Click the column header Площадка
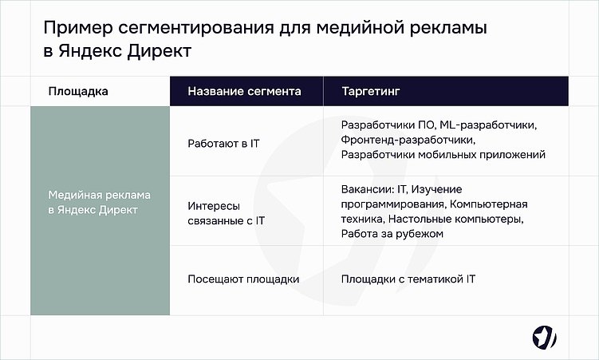click(78, 92)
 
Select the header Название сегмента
click(244, 92)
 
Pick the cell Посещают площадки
click(243, 279)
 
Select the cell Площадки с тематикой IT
click(408, 279)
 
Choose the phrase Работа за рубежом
click(391, 234)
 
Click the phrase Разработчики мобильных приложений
click(443, 155)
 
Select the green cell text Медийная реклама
click(100, 196)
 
